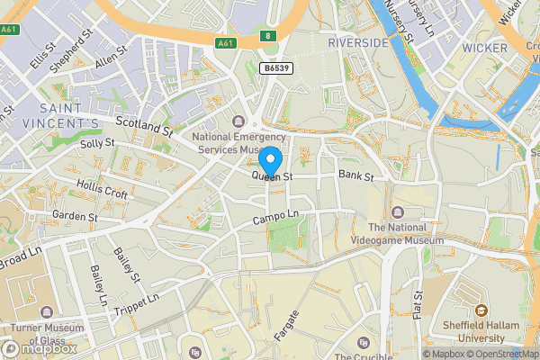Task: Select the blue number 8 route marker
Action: [266, 35]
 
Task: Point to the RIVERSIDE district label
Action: [357, 42]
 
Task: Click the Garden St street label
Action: [75, 217]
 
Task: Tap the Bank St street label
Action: [355, 176]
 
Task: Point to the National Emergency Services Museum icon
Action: [238, 121]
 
